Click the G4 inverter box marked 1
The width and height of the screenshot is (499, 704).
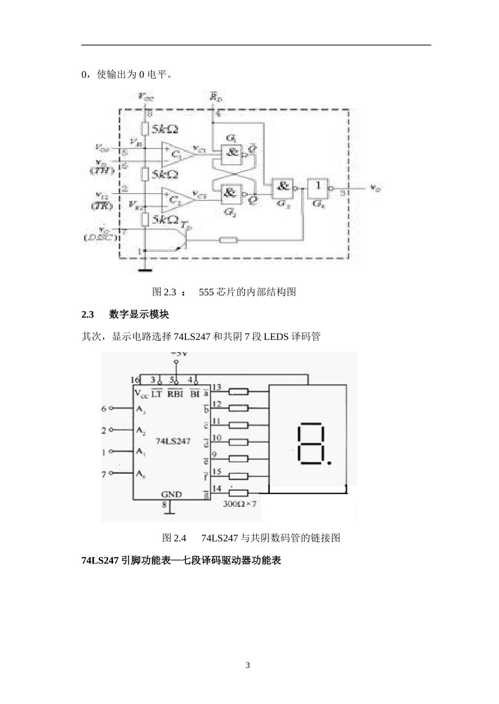(317, 186)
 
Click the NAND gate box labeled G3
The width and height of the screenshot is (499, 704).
(283, 187)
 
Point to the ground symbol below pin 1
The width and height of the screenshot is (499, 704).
(144, 270)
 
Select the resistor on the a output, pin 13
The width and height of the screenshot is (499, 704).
(239, 391)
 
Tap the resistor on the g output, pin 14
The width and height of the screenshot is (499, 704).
(239, 493)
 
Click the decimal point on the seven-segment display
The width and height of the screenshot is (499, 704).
(329, 463)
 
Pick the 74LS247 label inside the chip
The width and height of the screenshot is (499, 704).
(173, 441)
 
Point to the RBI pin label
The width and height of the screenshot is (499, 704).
(175, 393)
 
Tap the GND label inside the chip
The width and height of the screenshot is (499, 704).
(172, 494)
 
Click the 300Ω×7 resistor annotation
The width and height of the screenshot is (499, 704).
(240, 504)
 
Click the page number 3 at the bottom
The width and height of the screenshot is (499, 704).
(248, 666)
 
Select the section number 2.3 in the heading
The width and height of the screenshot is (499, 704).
(88, 314)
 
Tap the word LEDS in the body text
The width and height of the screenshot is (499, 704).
(276, 336)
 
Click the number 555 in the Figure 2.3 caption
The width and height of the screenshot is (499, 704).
(206, 292)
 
